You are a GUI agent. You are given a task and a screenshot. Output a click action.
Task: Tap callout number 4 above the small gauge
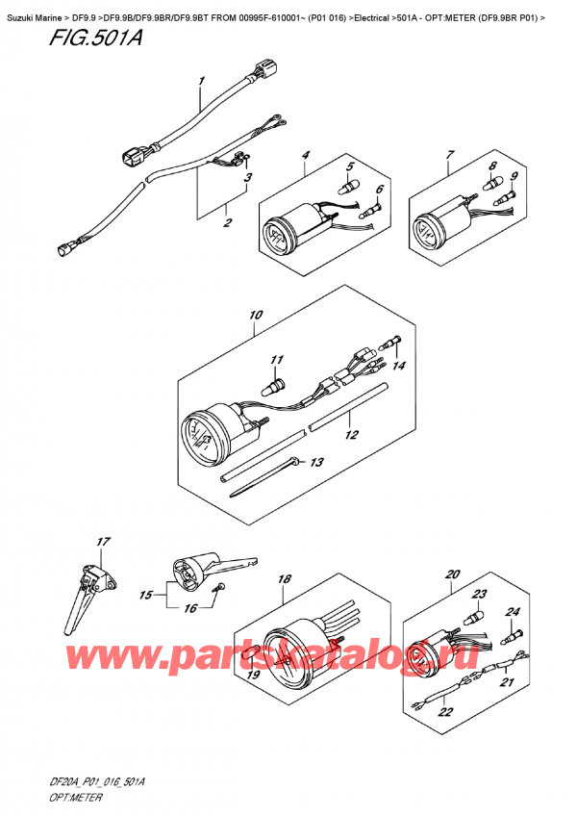[x=305, y=155]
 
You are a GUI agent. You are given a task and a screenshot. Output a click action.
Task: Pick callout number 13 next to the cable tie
[x=316, y=463]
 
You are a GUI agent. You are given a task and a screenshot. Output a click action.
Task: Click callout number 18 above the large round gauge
[x=284, y=579]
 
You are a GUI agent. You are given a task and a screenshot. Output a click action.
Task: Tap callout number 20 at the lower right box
[x=453, y=575]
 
